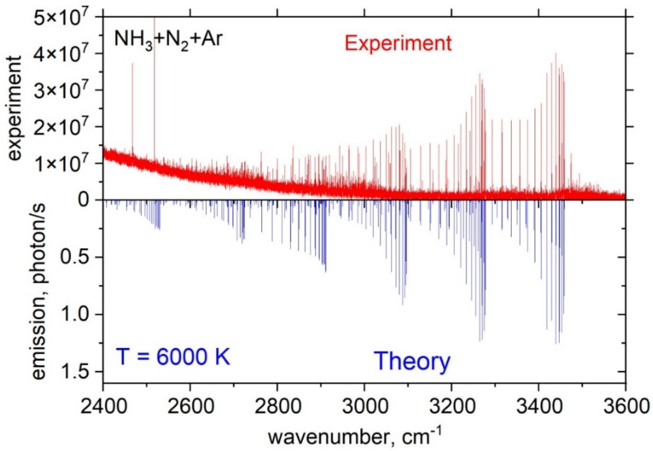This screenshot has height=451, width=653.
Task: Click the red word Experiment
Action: (398, 43)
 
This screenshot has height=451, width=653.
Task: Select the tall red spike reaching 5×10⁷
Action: (154, 85)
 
